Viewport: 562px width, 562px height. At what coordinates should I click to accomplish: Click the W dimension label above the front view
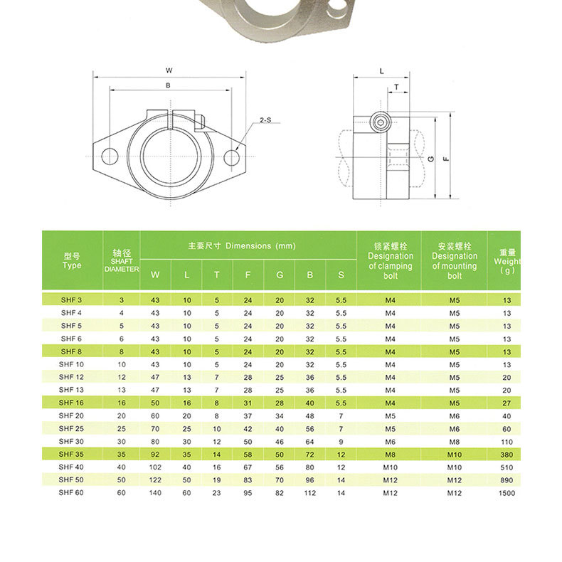(x=169, y=70)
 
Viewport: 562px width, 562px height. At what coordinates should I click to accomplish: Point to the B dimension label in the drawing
(x=168, y=85)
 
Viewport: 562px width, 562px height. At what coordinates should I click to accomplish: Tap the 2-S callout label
(x=265, y=120)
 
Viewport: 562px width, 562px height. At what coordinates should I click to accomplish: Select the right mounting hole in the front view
(x=232, y=157)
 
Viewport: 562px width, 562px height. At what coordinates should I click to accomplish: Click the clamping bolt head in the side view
(x=381, y=122)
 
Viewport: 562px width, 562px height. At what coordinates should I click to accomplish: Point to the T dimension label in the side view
(x=396, y=87)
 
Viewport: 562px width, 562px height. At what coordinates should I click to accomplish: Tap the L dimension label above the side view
(x=382, y=71)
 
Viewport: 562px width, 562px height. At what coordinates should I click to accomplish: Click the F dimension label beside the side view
(x=446, y=158)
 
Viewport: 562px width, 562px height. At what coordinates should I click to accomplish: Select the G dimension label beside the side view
(x=431, y=158)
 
